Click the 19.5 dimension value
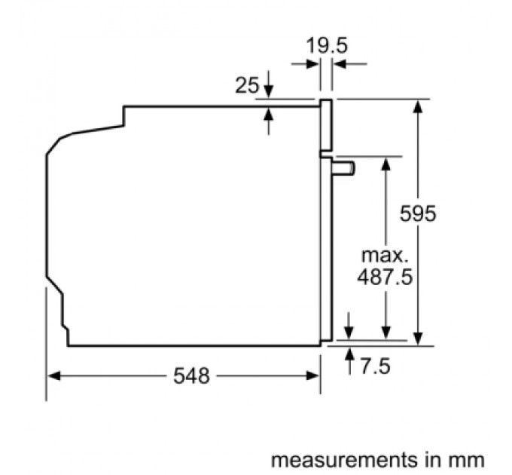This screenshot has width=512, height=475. tap(327, 46)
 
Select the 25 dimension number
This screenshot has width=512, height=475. tap(246, 85)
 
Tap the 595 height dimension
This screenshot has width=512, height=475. tap(418, 213)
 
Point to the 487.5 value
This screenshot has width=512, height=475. tap(385, 277)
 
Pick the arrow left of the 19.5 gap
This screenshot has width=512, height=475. tap(312, 65)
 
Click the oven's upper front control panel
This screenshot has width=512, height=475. tap(327, 124)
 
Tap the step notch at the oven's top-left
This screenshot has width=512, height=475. tap(123, 118)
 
